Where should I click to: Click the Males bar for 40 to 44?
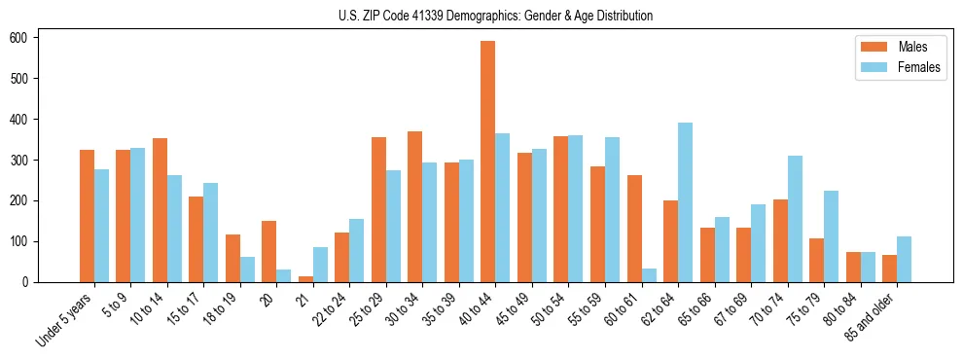point(488,162)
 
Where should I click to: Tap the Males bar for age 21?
point(305,279)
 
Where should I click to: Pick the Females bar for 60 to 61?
point(649,275)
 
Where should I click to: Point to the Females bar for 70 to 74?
point(795,219)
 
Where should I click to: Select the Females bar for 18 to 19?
point(247,270)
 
